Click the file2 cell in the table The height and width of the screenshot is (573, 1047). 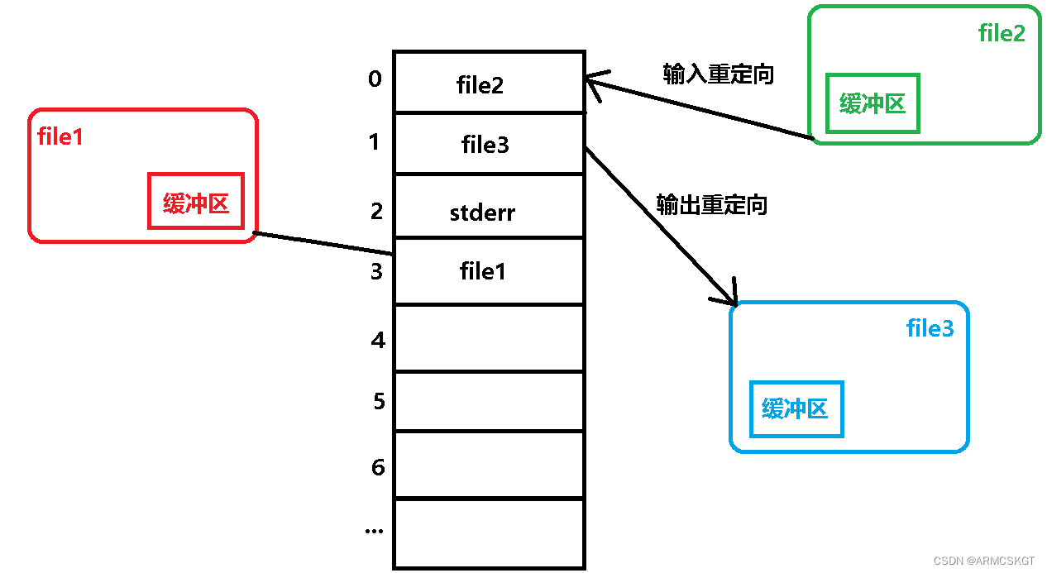coord(480,84)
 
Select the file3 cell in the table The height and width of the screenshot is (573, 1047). coord(485,145)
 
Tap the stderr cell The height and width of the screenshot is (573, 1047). coord(482,212)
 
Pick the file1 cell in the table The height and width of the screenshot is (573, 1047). coord(483,270)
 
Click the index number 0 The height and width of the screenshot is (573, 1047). coord(375,79)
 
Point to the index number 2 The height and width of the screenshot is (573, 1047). coord(376,211)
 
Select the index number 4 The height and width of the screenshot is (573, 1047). coord(378,339)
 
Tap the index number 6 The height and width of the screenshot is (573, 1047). coord(378,467)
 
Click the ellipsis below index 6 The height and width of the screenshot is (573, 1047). coord(375,530)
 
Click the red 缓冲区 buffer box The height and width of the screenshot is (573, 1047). coord(196,201)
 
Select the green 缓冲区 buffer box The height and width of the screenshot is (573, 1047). coord(872,104)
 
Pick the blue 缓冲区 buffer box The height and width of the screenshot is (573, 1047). coord(796,408)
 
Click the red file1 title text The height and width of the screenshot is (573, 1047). coord(60,136)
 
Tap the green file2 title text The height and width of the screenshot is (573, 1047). coord(1002,33)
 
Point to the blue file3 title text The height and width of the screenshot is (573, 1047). coord(930,328)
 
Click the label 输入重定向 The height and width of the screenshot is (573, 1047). coord(718,74)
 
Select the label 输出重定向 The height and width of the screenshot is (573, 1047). coord(711,204)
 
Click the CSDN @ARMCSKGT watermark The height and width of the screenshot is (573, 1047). coord(984,561)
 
